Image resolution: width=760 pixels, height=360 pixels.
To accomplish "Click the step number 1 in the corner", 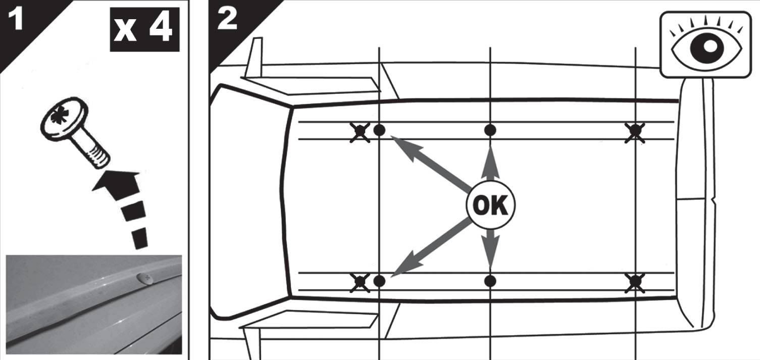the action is tap(16, 19).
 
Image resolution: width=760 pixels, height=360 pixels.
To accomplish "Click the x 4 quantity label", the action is tap(144, 29).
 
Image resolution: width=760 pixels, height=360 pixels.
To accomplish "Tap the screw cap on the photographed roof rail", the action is tap(145, 279).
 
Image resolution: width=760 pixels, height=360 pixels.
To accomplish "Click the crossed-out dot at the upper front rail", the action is tap(360, 132).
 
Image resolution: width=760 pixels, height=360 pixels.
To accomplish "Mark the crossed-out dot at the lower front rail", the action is tap(360, 282).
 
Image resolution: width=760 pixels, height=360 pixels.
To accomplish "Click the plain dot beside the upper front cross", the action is tap(379, 130).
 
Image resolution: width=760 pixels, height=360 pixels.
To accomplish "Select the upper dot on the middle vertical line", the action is tap(490, 130).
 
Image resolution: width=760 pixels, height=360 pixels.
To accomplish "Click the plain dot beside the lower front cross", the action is tap(379, 281).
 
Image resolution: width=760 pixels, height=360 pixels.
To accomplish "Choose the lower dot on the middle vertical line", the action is tap(490, 281).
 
